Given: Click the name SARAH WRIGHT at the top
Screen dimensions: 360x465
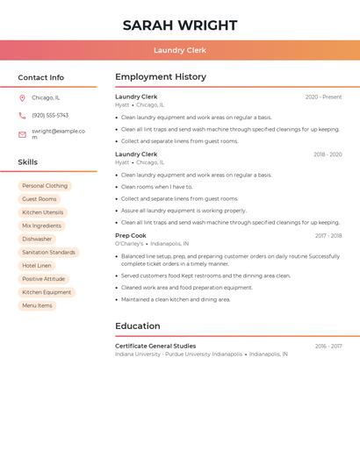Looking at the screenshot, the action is point(180,25).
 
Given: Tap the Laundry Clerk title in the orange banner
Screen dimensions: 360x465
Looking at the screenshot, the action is point(180,50).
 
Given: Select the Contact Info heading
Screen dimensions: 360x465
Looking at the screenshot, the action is point(41,77).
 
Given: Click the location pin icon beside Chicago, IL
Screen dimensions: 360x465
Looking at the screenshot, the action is point(22,97).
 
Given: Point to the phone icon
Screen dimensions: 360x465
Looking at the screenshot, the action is point(22,115).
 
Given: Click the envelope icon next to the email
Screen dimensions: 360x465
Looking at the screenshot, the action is point(22,134).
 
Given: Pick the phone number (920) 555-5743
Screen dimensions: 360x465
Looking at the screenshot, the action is point(50,115).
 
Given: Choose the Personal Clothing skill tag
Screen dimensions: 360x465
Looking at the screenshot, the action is point(45,186).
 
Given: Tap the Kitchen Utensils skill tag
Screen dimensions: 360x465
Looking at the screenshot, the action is point(43,212).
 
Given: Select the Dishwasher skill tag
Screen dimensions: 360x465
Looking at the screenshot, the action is point(37,239).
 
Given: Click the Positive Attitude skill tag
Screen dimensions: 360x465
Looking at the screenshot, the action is point(44,279).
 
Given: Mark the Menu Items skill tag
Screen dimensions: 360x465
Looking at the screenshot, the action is point(37,305).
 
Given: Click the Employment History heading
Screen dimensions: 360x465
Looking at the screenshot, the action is point(161,77).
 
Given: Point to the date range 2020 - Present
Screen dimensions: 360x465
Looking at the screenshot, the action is point(323,97).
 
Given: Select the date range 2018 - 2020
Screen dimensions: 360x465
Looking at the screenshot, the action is point(328,154).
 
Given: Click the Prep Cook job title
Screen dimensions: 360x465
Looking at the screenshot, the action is point(131,235).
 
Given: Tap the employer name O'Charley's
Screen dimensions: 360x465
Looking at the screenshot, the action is point(129,243).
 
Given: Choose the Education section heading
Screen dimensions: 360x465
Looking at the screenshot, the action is point(138,326).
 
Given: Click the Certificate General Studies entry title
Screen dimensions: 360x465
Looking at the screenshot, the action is point(155,346).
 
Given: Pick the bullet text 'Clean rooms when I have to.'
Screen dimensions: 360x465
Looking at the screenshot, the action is point(156,187).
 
